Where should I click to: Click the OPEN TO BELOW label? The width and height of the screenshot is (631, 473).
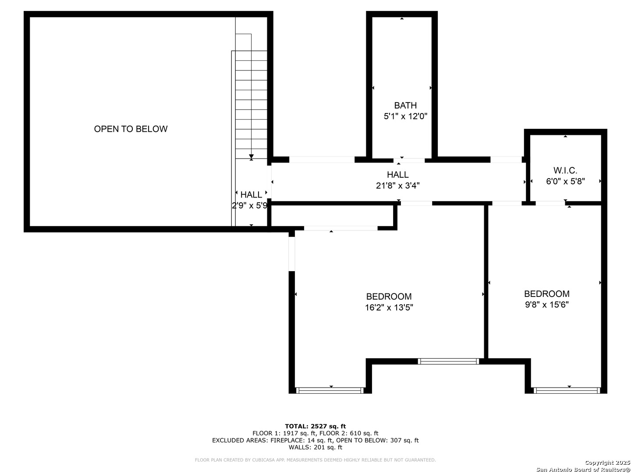(131, 129)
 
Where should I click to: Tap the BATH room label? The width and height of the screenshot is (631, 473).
(405, 106)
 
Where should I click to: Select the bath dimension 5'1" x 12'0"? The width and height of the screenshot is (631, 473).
(405, 116)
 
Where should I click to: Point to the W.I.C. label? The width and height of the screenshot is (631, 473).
(565, 170)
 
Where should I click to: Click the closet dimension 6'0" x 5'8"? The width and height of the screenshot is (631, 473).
(565, 181)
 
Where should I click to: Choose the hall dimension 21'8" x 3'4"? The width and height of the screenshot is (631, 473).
(397, 186)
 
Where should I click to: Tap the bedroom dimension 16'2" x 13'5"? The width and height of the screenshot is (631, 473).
(389, 307)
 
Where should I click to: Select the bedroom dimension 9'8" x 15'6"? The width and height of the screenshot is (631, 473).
(547, 304)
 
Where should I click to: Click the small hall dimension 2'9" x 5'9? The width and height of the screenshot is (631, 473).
(249, 205)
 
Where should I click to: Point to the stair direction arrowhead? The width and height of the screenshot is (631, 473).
(251, 156)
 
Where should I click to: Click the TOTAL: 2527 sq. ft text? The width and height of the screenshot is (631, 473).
(315, 426)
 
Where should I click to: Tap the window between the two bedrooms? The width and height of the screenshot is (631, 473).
(448, 361)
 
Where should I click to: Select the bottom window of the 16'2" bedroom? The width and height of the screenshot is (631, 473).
(330, 390)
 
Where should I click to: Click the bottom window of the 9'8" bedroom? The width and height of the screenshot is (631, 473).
(567, 390)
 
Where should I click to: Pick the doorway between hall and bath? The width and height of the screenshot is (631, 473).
(409, 160)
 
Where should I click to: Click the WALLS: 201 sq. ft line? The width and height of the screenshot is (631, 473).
(315, 447)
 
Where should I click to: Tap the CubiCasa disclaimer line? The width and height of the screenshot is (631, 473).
(315, 460)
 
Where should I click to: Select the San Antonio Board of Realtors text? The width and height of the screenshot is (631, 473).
(583, 469)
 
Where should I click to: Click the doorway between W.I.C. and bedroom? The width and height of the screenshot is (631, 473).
(550, 203)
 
